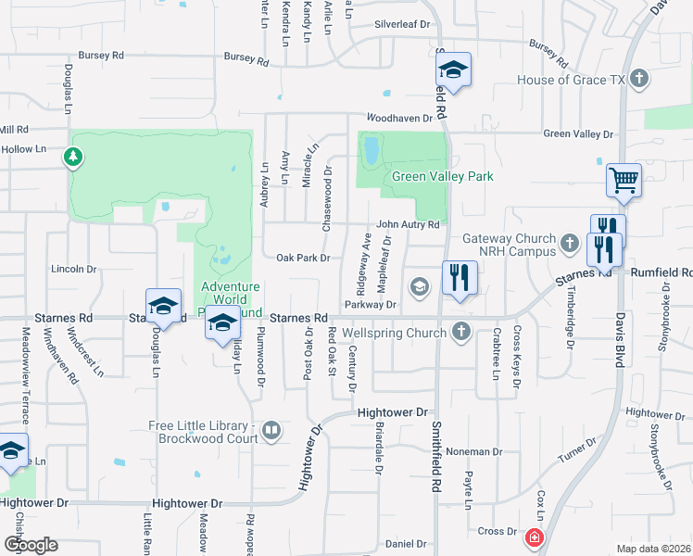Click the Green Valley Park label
pos(442,176)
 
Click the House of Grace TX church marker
pos(638,80)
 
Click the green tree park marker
pos(73,157)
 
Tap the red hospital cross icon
pos(534,537)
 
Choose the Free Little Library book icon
pos(271,429)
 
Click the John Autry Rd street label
pos(407,225)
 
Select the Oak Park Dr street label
pos(304,258)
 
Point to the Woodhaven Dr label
pos(399,118)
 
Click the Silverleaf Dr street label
pos(402,24)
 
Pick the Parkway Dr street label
pos(370,304)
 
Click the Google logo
pos(31,545)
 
